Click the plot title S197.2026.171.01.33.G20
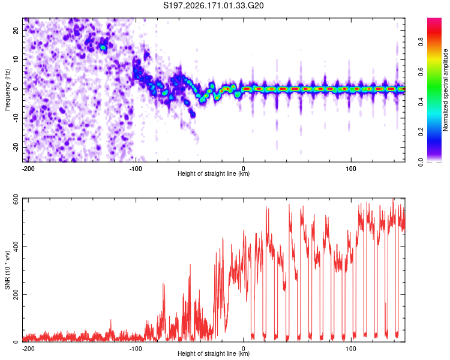point(213,5)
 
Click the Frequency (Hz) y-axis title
point(7,89)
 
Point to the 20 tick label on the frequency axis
point(16,31)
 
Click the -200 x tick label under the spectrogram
point(28,169)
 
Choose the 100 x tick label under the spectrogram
point(351,169)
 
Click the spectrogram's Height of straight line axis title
point(214,173)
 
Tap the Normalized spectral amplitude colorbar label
point(445,90)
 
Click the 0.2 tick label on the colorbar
point(421,132)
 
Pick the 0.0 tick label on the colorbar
point(421,162)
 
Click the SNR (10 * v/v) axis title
point(7,270)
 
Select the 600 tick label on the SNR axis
point(16,200)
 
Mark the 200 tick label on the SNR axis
point(16,294)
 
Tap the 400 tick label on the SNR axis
point(16,247)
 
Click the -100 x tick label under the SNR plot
point(136,349)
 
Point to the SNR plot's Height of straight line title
point(214,353)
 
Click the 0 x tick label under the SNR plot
point(244,349)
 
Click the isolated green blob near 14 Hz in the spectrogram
point(103,47)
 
